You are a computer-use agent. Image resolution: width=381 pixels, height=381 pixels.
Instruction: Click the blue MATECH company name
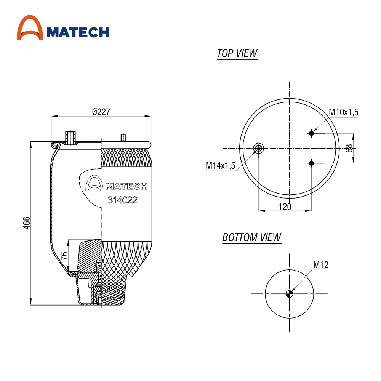[78, 32]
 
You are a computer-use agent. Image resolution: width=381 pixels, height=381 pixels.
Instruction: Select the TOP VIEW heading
[237, 53]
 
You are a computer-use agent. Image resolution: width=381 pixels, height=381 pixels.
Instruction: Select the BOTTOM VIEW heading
[252, 237]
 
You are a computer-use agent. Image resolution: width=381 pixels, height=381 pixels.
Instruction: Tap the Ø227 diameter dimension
[101, 112]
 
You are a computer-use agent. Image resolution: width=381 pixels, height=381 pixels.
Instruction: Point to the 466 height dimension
[27, 223]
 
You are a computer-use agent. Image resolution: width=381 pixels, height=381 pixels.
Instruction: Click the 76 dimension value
[64, 256]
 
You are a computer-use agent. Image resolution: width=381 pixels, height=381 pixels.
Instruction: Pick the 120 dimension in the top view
[285, 207]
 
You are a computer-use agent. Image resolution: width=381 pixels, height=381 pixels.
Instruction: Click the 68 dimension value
[349, 148]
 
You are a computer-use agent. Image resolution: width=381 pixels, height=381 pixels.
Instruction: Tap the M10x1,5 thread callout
[344, 112]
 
